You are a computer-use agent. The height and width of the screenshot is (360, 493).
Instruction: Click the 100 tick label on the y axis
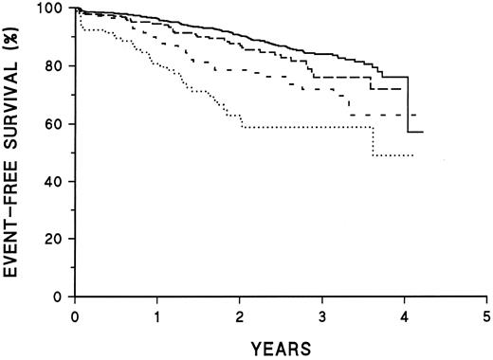click(x=53, y=9)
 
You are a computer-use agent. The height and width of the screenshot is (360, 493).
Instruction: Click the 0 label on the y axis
click(x=62, y=297)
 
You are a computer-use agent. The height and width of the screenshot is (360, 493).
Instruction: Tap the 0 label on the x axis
click(x=75, y=314)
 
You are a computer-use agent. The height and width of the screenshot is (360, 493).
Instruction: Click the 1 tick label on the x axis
click(x=157, y=314)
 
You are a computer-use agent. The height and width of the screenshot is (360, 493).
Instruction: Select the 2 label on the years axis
click(x=240, y=314)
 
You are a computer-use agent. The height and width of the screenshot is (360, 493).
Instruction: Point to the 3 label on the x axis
click(x=322, y=314)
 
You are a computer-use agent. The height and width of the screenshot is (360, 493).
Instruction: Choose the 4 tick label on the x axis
click(x=405, y=314)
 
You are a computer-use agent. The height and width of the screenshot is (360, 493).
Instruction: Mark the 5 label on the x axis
click(x=486, y=314)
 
